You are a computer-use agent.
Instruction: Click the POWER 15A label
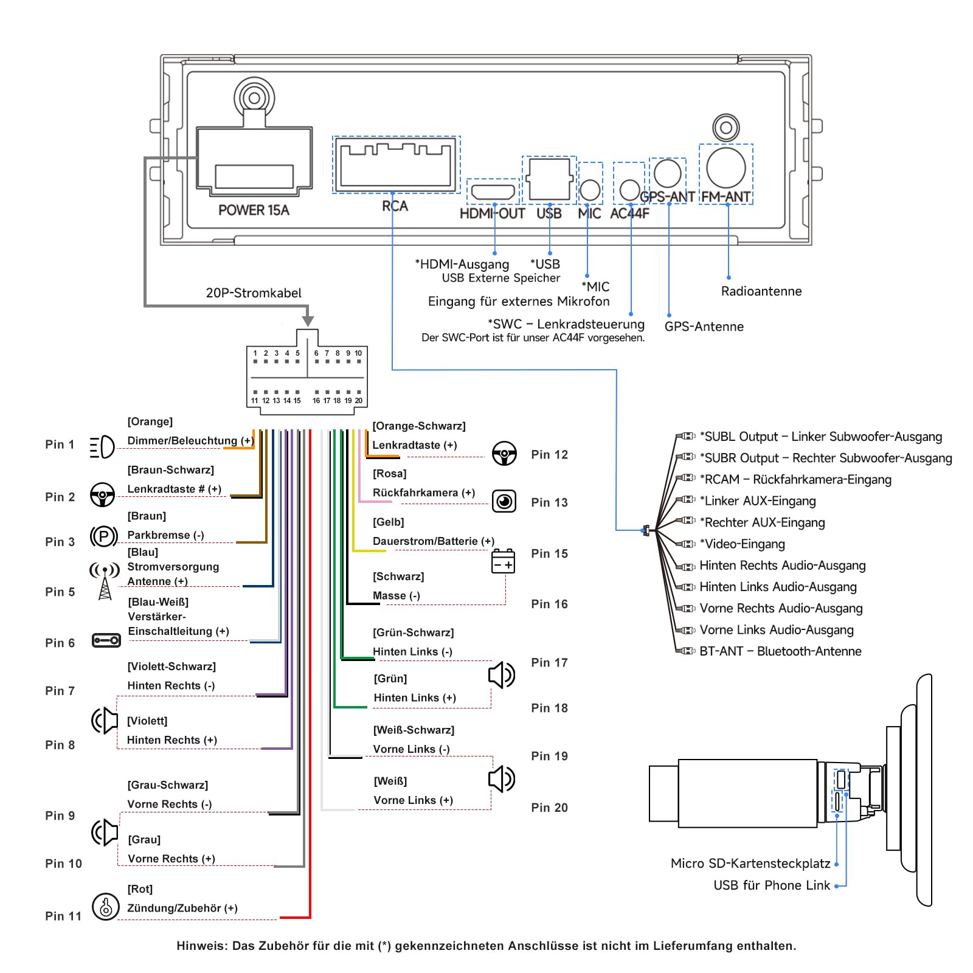click(254, 210)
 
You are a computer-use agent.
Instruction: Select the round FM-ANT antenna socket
click(726, 168)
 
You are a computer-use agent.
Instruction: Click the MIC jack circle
click(590, 190)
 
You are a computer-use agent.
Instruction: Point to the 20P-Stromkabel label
click(254, 293)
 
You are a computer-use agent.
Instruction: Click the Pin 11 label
click(63, 916)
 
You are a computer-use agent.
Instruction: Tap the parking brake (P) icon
click(103, 536)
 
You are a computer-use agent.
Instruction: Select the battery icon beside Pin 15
click(503, 561)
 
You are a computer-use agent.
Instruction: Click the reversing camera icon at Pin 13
click(504, 501)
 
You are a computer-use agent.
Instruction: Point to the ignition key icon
click(105, 906)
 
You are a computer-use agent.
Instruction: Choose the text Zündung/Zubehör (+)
click(182, 908)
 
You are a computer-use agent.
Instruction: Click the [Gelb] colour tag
click(389, 522)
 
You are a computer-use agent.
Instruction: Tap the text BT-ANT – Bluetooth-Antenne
click(780, 651)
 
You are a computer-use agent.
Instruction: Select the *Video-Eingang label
click(743, 544)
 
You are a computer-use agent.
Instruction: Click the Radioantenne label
click(761, 291)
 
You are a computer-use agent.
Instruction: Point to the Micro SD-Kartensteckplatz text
click(750, 864)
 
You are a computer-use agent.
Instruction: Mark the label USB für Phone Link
click(772, 885)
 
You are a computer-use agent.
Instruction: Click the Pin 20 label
click(549, 808)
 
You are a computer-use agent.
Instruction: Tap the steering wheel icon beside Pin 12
click(504, 454)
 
